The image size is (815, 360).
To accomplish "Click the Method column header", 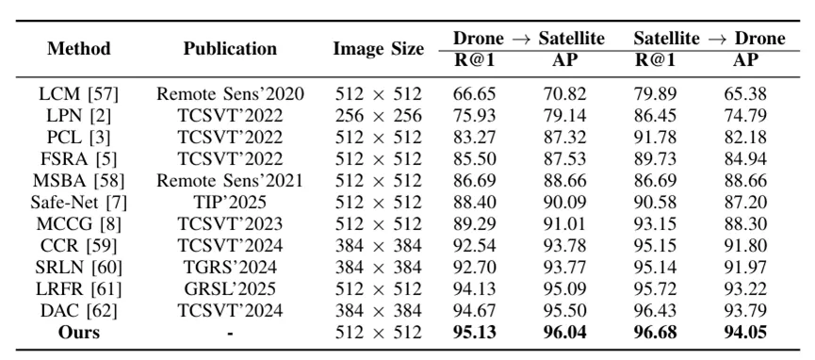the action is click(x=79, y=48).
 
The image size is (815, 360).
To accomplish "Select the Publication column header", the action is click(x=230, y=48).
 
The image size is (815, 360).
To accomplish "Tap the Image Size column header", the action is click(x=379, y=48).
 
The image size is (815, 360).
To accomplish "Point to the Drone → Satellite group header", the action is click(x=530, y=38).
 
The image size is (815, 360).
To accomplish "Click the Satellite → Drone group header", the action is click(x=709, y=38).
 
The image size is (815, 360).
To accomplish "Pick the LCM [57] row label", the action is click(x=79, y=94).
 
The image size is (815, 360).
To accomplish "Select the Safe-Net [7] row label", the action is click(x=79, y=202).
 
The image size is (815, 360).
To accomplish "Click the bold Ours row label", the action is click(x=79, y=332).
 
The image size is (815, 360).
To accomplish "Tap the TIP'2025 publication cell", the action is click(x=230, y=202).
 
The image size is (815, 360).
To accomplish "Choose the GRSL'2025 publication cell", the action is click(x=230, y=288).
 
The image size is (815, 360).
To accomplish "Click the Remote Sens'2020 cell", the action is click(x=230, y=94).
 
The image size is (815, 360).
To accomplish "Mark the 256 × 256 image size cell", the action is click(x=379, y=116).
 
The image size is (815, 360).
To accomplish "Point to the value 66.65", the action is click(x=475, y=94).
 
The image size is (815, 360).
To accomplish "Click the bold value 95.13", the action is click(x=475, y=332).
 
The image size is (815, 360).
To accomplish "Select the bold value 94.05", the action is click(x=745, y=332).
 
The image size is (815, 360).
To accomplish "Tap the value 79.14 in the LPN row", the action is click(x=565, y=116).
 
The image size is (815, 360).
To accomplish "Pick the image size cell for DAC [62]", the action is click(x=379, y=311).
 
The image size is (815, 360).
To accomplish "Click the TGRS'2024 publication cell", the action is click(x=230, y=267).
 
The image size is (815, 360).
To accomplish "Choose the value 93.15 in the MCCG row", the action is click(x=655, y=223).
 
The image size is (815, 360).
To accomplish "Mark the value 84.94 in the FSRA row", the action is click(x=745, y=158).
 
